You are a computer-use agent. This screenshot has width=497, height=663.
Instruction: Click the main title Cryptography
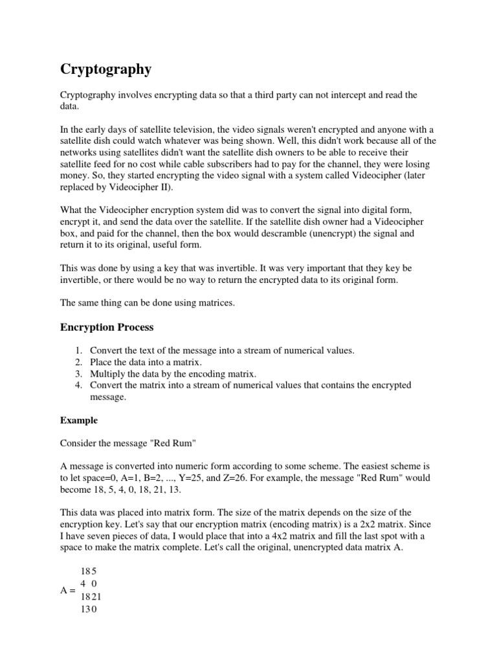(x=106, y=69)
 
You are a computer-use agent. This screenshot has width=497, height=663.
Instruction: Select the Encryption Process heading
(x=107, y=327)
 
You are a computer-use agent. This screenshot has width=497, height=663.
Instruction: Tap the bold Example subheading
(x=79, y=420)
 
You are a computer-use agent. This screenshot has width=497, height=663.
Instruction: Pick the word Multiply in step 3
(x=107, y=374)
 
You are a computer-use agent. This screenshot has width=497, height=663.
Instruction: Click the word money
(x=75, y=176)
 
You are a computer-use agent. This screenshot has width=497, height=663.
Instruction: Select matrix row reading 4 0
(x=88, y=583)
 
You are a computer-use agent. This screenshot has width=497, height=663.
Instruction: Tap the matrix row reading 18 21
(x=91, y=596)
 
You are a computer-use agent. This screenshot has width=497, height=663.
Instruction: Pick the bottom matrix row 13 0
(x=89, y=609)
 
